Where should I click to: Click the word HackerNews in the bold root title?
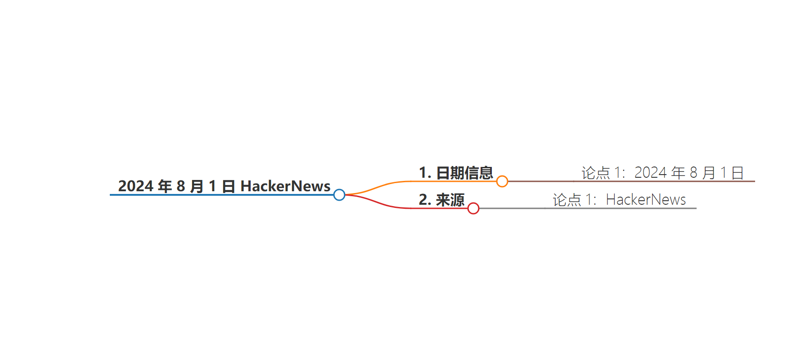click(285, 186)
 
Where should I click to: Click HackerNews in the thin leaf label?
click(646, 199)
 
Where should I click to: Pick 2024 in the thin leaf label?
click(651, 172)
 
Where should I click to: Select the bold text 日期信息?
click(464, 173)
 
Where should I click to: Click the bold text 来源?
click(450, 200)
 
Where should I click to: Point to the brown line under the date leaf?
click(631, 181)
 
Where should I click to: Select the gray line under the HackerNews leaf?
click(588, 208)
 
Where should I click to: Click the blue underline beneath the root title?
click(222, 195)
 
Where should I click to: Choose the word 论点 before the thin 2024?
click(596, 173)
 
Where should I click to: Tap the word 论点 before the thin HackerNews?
click(567, 200)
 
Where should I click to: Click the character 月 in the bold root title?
click(197, 186)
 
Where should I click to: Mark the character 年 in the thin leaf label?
click(678, 173)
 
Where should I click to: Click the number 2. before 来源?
click(425, 199)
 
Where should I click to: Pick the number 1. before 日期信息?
click(425, 172)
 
